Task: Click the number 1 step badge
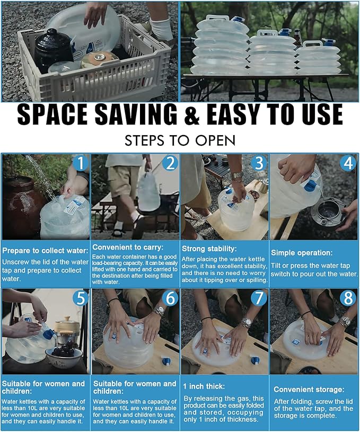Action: pyautogui.click(x=80, y=163)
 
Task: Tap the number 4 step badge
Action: pyautogui.click(x=348, y=163)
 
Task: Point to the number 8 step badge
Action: pyautogui.click(x=348, y=298)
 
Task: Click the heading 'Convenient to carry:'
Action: pyautogui.click(x=128, y=248)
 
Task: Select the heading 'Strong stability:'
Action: pyautogui.click(x=209, y=249)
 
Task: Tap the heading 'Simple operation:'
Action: pyautogui.click(x=302, y=253)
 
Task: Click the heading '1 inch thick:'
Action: pyautogui.click(x=204, y=386)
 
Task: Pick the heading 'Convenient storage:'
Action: pyautogui.click(x=309, y=390)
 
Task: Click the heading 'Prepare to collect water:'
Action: pyautogui.click(x=45, y=251)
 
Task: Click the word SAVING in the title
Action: pyautogui.click(x=136, y=114)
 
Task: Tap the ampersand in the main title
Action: pyautogui.click(x=191, y=114)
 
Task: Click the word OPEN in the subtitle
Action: pyautogui.click(x=215, y=140)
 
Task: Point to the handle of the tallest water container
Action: pyautogui.click(x=217, y=17)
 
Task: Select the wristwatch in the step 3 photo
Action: pyautogui.click(x=237, y=175)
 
